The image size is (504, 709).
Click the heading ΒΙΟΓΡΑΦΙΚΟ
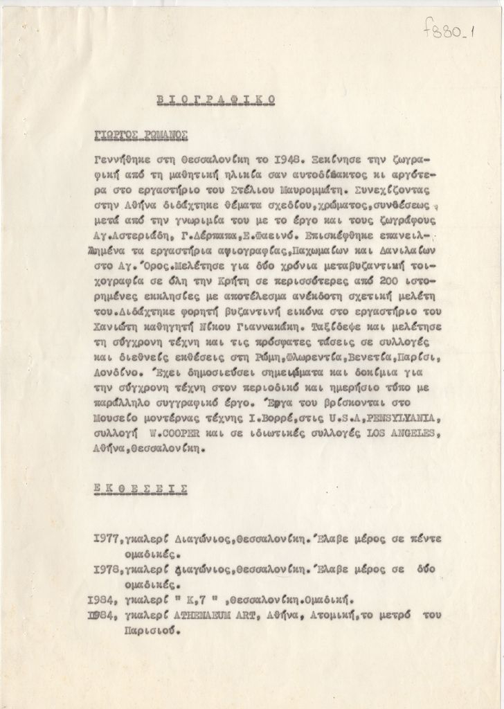216,100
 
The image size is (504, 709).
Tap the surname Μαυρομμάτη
327,189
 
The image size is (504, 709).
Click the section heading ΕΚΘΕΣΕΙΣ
141,487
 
